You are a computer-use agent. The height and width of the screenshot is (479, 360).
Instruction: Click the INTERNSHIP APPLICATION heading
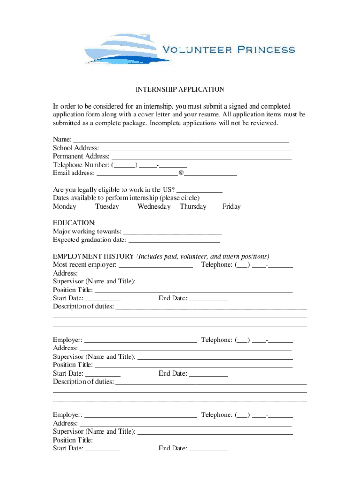point(180,89)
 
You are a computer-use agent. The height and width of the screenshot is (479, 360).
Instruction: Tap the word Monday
point(65,206)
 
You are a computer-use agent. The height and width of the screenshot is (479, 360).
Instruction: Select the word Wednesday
point(154,206)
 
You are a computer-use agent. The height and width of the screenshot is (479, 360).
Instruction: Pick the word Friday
point(231,206)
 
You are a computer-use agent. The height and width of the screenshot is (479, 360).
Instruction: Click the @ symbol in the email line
point(180,173)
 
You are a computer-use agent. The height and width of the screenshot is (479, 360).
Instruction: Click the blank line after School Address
point(196,149)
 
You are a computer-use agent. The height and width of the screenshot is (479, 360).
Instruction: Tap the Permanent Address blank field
point(201,157)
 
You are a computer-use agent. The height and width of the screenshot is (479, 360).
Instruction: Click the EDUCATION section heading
point(74,223)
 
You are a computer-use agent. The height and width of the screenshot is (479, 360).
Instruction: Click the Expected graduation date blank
point(174,240)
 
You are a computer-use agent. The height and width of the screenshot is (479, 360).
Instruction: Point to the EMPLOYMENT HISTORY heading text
point(94,256)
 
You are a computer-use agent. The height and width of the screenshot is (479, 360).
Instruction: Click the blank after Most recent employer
point(156,265)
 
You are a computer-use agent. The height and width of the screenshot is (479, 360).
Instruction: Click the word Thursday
point(193,206)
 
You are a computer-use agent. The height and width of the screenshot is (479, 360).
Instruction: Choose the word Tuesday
point(107,206)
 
